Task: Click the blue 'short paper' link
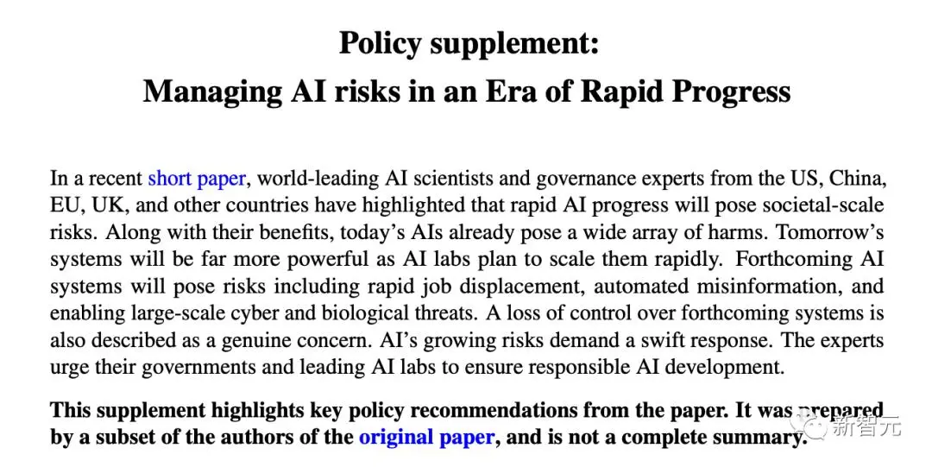[x=197, y=179]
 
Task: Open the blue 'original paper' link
[x=426, y=437]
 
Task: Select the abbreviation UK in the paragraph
[x=114, y=206]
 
